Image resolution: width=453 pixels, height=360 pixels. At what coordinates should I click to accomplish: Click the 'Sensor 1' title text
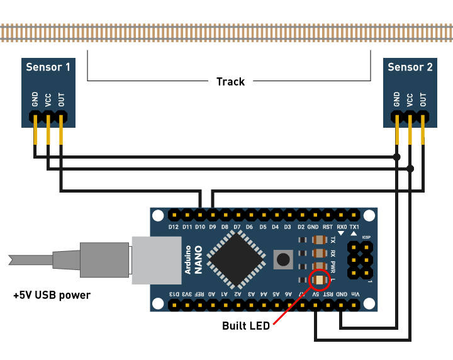pos(48,67)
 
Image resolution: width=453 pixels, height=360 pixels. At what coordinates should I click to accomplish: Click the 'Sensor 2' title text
pos(410,67)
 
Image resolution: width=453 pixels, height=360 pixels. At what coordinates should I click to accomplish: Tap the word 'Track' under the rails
pos(230,81)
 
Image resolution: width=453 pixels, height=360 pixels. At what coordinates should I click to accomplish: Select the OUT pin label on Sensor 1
pos(61,99)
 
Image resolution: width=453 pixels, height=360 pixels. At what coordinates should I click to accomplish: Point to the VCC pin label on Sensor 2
pos(410,99)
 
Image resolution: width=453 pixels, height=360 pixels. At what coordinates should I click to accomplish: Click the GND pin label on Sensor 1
pos(35,99)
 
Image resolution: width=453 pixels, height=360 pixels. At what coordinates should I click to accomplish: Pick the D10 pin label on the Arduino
pos(200,227)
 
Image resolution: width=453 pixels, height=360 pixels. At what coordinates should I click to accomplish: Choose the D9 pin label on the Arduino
pos(213,227)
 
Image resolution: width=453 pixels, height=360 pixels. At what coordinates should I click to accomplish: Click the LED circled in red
pos(320,279)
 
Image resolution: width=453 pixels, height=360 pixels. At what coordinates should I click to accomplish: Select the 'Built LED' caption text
pos(245,325)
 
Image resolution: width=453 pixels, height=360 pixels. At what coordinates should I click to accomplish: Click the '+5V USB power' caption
pos(52,295)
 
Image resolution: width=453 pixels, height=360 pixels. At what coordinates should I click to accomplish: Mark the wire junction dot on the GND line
pos(396,156)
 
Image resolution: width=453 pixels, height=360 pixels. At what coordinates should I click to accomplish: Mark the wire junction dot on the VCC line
pos(410,169)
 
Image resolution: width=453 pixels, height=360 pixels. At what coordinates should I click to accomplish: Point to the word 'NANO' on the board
pos(198,260)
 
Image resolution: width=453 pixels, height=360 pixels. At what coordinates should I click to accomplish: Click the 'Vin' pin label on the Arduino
pos(354,294)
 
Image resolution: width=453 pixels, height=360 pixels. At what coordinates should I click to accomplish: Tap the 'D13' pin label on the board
pos(174,294)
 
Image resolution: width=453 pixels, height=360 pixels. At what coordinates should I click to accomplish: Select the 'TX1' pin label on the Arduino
pos(354,227)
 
